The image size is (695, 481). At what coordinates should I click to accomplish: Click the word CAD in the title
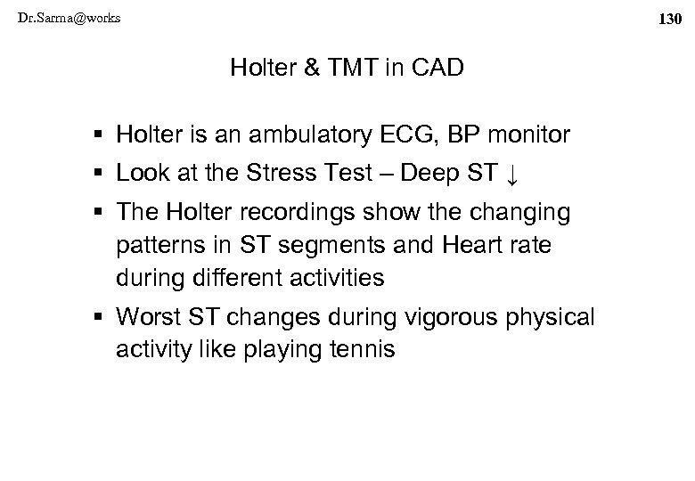pyautogui.click(x=439, y=68)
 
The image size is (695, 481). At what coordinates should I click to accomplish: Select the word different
pyautogui.click(x=233, y=278)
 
